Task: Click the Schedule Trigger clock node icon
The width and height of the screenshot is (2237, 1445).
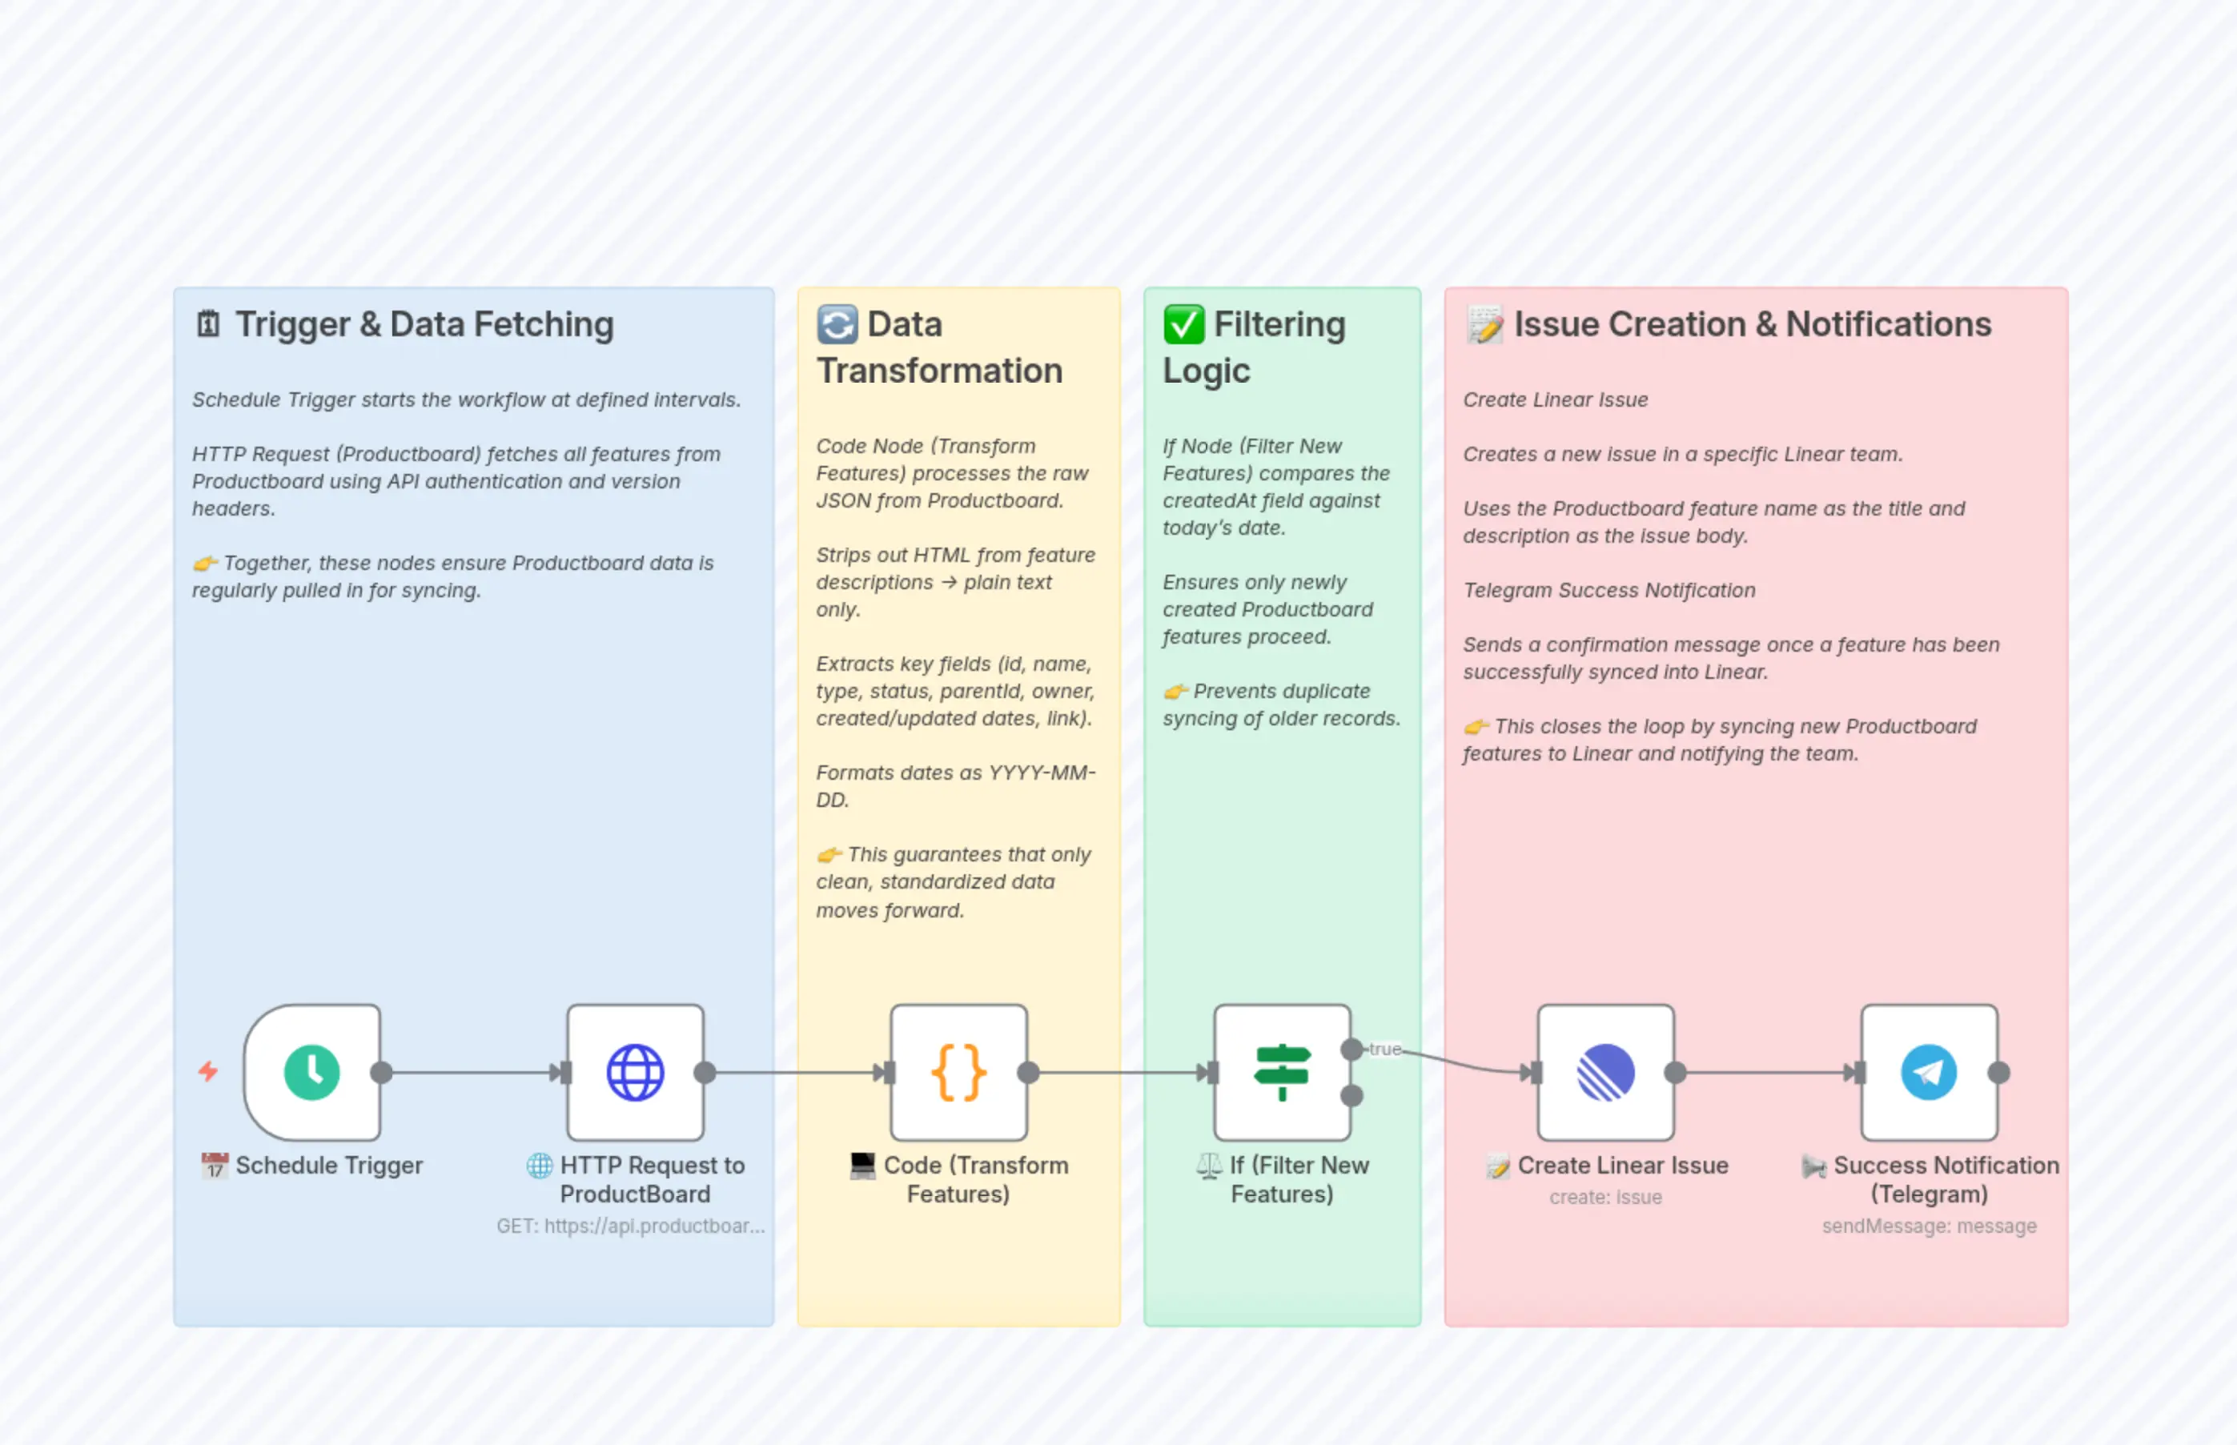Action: [311, 1072]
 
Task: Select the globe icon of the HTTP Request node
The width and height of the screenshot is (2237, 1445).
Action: [635, 1072]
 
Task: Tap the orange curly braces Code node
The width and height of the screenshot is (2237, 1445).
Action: [958, 1072]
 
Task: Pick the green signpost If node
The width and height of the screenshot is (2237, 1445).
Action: [1281, 1072]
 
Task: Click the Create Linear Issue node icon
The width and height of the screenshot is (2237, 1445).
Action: [1604, 1072]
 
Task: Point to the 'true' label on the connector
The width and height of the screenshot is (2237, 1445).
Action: [1384, 1049]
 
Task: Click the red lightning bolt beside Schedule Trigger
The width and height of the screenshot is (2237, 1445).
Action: [208, 1070]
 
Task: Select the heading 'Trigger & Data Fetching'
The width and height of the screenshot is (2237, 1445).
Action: [424, 325]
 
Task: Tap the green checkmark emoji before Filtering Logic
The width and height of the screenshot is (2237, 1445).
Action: [1183, 325]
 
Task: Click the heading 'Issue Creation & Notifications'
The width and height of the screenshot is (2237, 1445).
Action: [1751, 325]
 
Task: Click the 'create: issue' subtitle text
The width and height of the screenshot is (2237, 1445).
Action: [1604, 1198]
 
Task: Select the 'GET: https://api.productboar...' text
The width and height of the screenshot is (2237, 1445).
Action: [631, 1226]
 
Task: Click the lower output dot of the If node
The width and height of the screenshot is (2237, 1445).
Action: [1351, 1095]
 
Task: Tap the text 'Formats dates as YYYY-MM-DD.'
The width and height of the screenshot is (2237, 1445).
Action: [954, 785]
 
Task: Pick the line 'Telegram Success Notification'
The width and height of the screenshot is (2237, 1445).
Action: [1608, 590]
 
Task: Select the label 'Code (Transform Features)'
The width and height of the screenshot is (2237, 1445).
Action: [958, 1178]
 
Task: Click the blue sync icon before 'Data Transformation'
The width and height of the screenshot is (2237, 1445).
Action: [837, 325]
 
